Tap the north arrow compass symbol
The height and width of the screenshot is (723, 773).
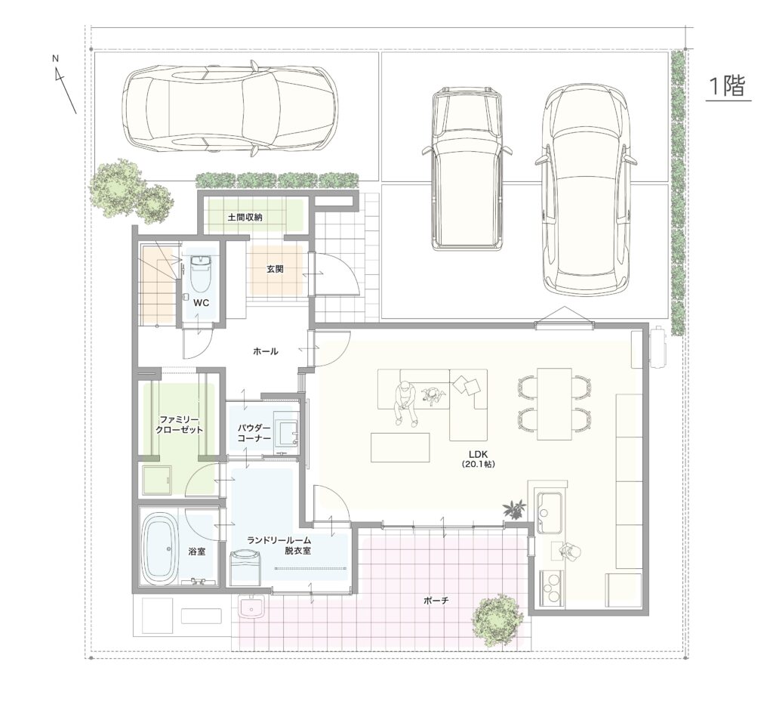click(x=64, y=85)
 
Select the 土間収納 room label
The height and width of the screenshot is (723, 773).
click(x=245, y=217)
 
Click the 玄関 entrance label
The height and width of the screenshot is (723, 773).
click(x=275, y=270)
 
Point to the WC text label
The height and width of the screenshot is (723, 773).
click(x=201, y=302)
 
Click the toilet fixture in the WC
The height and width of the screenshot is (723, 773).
click(x=201, y=274)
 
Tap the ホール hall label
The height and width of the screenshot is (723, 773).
click(x=266, y=351)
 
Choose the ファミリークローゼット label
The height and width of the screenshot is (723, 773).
click(x=180, y=425)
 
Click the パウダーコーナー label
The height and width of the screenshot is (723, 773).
click(x=254, y=434)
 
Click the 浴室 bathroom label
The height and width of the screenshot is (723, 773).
click(x=197, y=552)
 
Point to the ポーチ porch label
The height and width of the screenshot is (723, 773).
click(x=436, y=601)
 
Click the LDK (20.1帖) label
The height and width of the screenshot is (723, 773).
click(x=478, y=459)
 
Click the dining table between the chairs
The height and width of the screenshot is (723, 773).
click(x=555, y=403)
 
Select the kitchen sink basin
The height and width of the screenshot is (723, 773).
click(x=549, y=512)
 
